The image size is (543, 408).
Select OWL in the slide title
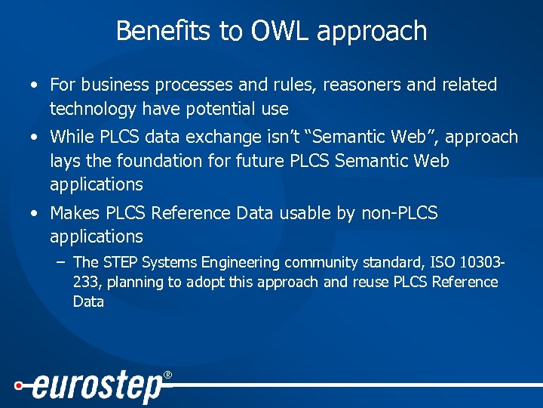tap(268, 31)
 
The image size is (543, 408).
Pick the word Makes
tap(74, 213)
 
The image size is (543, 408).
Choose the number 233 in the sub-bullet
tap(84, 283)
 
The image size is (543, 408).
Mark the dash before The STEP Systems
tap(60, 262)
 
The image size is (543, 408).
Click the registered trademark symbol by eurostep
tap(167, 376)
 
